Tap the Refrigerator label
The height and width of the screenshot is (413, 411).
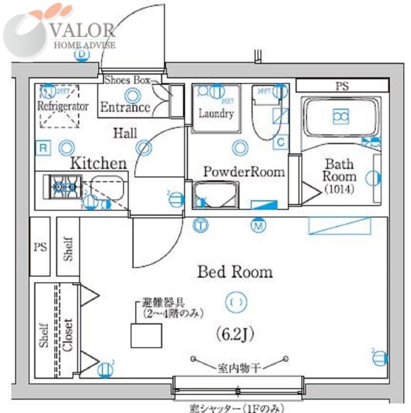[63, 106]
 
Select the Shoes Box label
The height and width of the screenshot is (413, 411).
[127, 80]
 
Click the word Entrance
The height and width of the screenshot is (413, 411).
[125, 107]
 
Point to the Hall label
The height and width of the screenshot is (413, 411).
[125, 134]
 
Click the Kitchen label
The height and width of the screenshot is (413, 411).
[98, 164]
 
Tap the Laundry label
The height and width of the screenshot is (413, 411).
[216, 114]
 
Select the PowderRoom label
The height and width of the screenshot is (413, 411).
[243, 172]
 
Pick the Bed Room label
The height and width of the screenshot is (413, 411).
[235, 272]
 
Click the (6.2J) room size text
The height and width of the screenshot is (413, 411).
[234, 335]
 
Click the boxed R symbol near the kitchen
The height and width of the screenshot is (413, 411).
[44, 149]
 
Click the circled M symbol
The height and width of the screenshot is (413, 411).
[257, 225]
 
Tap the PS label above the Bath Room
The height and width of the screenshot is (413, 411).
[342, 86]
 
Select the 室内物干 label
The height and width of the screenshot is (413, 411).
[238, 368]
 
